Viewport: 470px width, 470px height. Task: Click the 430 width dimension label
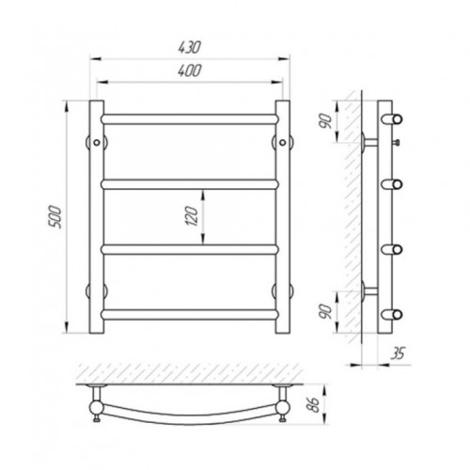point(189,47)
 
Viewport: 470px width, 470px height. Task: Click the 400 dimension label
point(189,70)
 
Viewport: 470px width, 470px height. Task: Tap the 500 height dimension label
point(55,217)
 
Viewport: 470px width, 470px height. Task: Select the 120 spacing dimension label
point(192,216)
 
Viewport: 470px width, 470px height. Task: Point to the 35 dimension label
point(398,353)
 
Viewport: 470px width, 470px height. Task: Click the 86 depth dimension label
point(313,404)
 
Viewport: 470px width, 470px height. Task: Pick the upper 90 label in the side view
point(325,121)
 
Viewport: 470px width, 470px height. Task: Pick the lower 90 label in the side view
point(326,311)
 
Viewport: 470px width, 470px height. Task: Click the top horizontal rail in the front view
point(190,119)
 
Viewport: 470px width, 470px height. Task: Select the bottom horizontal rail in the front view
point(190,315)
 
